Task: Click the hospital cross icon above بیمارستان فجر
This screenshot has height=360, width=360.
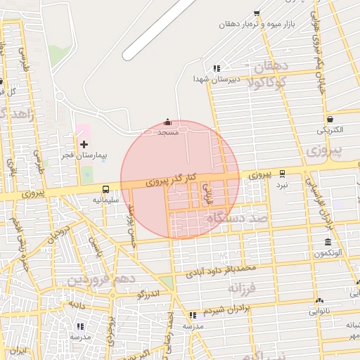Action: [x=84, y=144]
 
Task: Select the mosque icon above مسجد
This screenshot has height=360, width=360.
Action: [x=167, y=122]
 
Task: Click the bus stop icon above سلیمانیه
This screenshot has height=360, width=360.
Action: [x=105, y=189]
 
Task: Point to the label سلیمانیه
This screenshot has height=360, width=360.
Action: [x=105, y=199]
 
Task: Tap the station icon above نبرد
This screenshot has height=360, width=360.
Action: [x=282, y=173]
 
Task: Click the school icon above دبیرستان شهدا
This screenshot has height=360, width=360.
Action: [x=217, y=69]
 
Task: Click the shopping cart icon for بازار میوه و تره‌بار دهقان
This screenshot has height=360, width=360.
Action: [x=257, y=13]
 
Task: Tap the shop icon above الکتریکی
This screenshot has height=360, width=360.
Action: [x=330, y=120]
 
